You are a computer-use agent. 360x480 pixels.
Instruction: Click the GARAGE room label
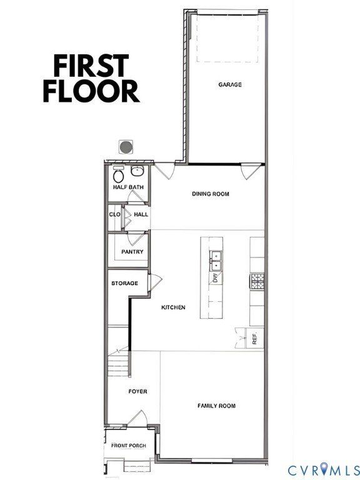pos(230,84)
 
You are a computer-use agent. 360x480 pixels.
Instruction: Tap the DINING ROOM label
pos(210,194)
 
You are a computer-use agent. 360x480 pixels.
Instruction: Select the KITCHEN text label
pos(173,307)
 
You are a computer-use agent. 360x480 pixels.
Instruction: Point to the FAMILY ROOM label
pos(216,406)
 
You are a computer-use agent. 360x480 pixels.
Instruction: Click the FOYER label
pos(137,392)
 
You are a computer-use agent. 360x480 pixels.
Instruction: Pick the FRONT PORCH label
pos(128,446)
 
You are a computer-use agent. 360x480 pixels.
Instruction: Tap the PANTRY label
pos(132,252)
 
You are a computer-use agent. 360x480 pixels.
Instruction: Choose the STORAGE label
pos(124,284)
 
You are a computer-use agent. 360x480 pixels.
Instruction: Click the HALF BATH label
pos(127,187)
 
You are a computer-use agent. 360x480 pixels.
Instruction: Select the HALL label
pos(141,214)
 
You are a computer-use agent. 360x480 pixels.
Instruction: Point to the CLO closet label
pos(114,214)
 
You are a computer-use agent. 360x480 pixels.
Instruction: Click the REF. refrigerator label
pos(255,341)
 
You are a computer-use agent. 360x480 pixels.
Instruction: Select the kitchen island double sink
pos(216,256)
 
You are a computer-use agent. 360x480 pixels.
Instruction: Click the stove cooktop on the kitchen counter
pos(257,282)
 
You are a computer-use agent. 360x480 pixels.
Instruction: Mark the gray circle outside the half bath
pos(126,147)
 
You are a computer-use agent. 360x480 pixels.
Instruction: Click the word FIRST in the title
pos(91,65)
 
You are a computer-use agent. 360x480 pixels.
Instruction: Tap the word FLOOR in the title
pos(91,91)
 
